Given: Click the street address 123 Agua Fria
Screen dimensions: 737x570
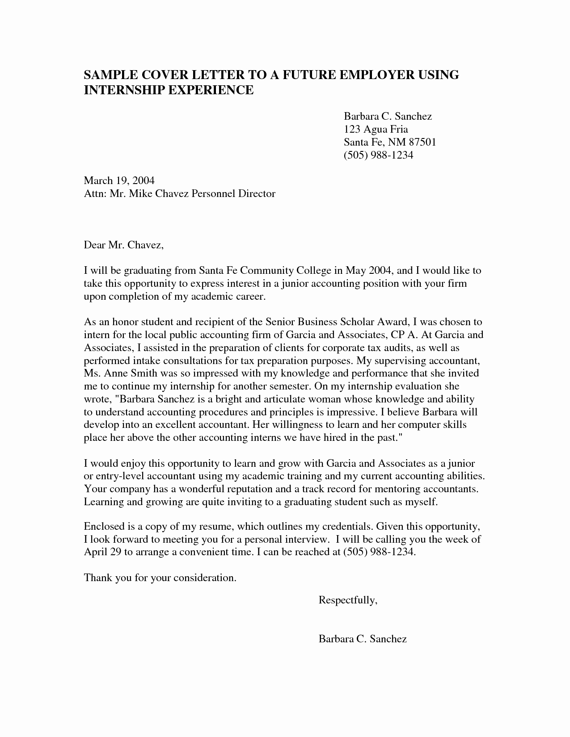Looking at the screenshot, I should (376, 130).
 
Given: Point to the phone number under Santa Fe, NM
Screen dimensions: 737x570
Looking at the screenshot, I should (378, 155).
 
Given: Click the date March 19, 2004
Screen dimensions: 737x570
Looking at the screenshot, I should (119, 181).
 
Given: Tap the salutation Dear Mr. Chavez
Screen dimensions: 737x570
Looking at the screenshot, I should (124, 245).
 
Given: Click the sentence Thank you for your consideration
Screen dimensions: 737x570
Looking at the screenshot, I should (160, 578).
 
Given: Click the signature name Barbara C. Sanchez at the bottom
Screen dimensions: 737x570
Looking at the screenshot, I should (362, 639).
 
